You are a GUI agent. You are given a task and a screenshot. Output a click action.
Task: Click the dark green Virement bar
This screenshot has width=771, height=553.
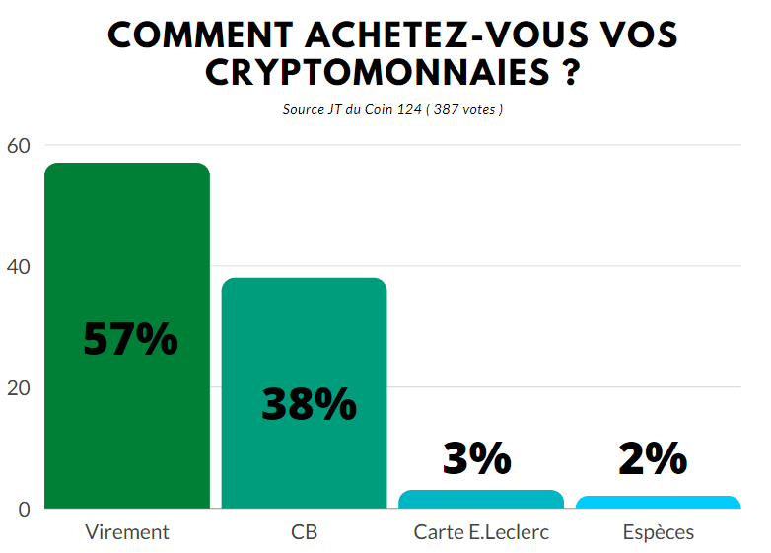tap(127, 246)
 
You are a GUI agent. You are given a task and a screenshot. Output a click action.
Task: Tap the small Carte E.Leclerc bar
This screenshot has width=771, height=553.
tap(481, 500)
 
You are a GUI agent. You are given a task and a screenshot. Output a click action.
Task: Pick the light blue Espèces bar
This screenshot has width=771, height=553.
tap(658, 503)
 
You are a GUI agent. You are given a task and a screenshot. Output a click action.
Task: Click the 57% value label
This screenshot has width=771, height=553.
tap(130, 339)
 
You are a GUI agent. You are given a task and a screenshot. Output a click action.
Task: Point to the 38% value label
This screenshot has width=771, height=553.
tap(309, 404)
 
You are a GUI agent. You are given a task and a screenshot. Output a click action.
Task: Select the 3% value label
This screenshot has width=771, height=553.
tap(477, 458)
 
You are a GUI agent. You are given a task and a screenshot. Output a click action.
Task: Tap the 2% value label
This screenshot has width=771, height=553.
tap(653, 458)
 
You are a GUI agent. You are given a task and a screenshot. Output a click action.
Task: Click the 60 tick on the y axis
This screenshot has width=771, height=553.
tap(19, 145)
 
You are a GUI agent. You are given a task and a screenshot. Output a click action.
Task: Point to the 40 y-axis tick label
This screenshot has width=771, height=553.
tap(19, 266)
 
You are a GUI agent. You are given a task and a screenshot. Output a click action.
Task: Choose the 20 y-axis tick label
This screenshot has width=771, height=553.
tap(19, 387)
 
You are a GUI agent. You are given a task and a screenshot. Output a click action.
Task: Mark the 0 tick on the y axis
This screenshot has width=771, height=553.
tap(25, 509)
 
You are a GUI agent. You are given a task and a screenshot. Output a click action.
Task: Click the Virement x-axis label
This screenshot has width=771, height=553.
tap(127, 532)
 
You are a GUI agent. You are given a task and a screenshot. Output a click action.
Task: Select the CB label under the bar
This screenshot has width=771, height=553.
tap(304, 532)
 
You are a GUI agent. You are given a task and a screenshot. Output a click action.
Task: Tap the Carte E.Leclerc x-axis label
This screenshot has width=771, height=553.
tap(481, 532)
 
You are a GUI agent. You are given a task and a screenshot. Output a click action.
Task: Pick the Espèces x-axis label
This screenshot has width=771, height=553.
tap(658, 532)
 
